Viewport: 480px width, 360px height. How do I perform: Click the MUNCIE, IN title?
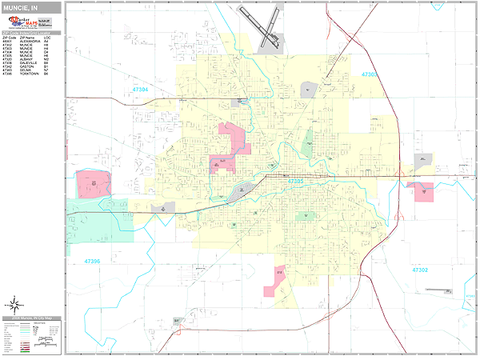coord(21,7)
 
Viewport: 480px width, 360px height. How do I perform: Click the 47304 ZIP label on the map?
coord(137,90)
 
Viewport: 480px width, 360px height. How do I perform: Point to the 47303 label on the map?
coord(369,74)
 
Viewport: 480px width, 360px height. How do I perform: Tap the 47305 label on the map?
coord(294,182)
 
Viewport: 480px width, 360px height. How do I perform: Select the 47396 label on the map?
coord(92,262)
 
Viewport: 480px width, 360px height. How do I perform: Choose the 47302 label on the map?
coord(420,270)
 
